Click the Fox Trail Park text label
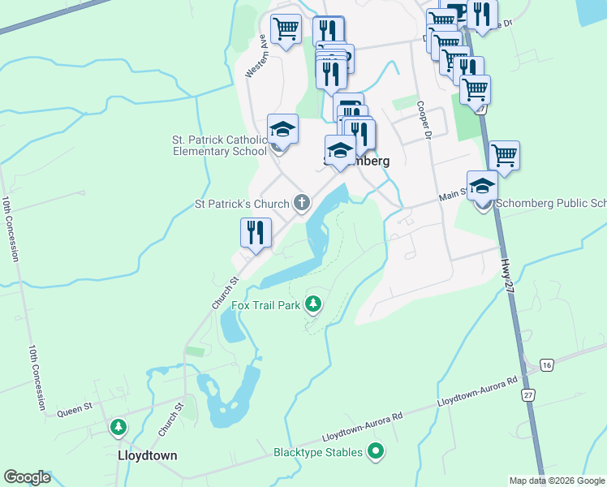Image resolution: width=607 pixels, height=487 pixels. [265, 306]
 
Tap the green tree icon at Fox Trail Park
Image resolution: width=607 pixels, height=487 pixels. [313, 305]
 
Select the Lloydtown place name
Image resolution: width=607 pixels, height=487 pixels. [146, 455]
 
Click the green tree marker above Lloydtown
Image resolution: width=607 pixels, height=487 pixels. [118, 426]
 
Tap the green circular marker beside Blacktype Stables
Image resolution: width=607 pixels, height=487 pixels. [375, 451]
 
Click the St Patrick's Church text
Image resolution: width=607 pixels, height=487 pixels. [241, 203]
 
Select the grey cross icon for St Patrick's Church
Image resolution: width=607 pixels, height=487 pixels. [302, 202]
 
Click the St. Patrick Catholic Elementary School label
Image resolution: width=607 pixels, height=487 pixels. [219, 145]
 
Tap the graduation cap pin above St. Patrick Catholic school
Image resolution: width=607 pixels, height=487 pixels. [282, 129]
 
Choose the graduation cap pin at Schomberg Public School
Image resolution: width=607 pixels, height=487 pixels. [482, 185]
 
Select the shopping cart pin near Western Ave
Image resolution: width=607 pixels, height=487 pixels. [286, 30]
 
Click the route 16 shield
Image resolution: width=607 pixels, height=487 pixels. [547, 366]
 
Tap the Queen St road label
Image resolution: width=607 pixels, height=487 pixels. [71, 412]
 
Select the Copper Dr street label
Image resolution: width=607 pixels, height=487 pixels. [423, 120]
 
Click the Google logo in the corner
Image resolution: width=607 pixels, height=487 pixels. [27, 477]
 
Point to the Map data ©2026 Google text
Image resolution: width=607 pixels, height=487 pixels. [556, 481]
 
